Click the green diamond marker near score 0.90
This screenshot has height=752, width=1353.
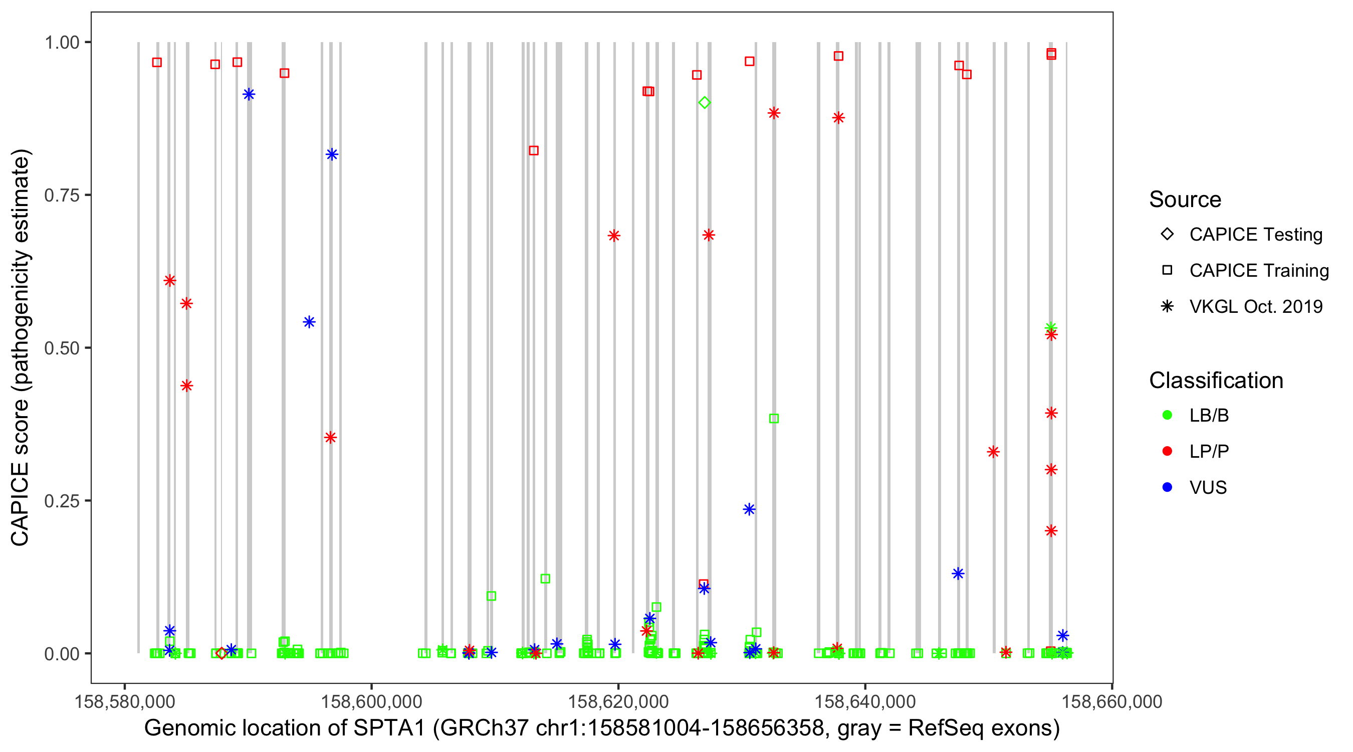[x=705, y=102]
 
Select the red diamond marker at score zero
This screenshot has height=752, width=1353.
[x=221, y=653]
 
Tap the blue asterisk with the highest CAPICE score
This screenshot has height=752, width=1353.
[x=249, y=94]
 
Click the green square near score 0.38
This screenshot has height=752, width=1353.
[x=774, y=418]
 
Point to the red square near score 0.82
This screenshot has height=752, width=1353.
[x=534, y=150]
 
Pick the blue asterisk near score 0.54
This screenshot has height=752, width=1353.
[x=309, y=322]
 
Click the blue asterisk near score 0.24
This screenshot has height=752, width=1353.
[x=750, y=509]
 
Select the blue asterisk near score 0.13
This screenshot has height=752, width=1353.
[x=958, y=574]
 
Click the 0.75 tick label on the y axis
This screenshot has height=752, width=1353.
[x=61, y=195]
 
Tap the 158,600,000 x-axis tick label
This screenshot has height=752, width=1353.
[x=371, y=701]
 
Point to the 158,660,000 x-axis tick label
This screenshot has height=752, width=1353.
[x=1112, y=701]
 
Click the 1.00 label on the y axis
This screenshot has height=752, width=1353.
[x=62, y=42]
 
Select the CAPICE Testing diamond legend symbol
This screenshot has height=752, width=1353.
[x=1167, y=234]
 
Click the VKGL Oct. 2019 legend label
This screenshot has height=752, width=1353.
[x=1256, y=306]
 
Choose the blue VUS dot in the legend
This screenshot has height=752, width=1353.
[x=1167, y=487]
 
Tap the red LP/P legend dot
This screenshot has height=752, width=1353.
[x=1167, y=451]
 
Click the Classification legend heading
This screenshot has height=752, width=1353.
[x=1216, y=380]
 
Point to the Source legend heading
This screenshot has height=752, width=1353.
[x=1185, y=199]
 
